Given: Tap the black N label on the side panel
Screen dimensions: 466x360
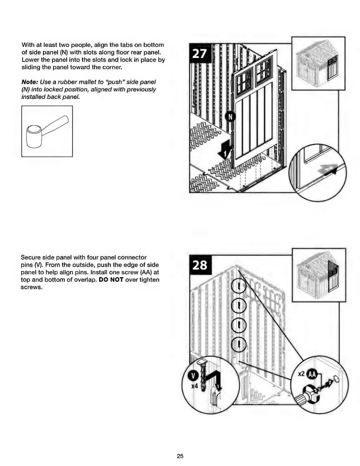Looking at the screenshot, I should (x=230, y=117).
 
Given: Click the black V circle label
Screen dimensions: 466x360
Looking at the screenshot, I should (x=193, y=376).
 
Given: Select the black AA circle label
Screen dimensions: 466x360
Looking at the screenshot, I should (x=311, y=374).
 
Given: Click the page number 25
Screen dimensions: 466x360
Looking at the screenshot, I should (x=180, y=456).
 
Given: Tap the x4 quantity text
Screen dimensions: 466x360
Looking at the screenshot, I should (x=194, y=386).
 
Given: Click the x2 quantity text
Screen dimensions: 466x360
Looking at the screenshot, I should (x=301, y=374).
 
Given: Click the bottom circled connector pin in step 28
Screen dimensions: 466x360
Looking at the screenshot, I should (x=240, y=344).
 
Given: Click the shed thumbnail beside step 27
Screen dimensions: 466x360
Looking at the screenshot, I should (x=318, y=63).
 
